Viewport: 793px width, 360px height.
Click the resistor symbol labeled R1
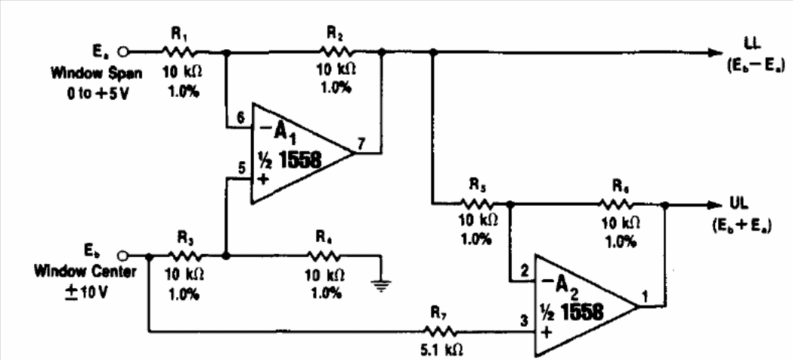[x=179, y=51]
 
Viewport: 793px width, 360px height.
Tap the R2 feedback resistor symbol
[x=337, y=51]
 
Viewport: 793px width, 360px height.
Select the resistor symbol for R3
[x=184, y=256]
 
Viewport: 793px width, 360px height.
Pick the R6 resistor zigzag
[x=616, y=204]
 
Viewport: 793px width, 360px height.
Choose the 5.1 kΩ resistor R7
[x=441, y=332]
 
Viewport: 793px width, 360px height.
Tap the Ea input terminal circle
[x=122, y=51]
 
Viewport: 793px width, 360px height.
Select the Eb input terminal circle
[x=122, y=256]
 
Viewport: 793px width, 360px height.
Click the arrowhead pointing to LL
[x=715, y=52]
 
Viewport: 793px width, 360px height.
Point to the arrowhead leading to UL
[x=714, y=204]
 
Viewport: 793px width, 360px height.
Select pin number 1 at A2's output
[x=644, y=296]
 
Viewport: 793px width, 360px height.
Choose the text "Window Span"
[x=96, y=73]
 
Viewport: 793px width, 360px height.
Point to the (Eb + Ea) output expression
[x=742, y=226]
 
